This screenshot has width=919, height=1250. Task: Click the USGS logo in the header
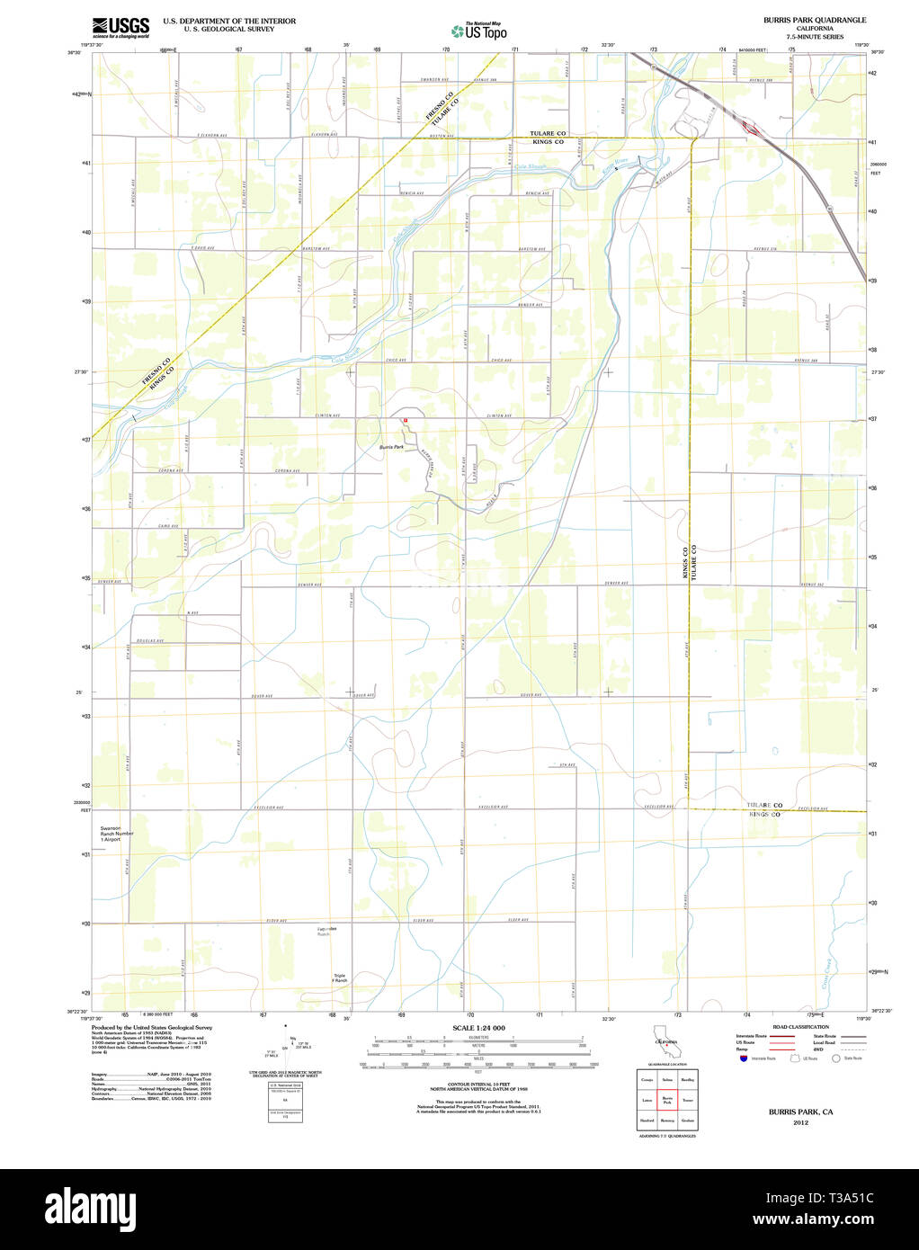[x=120, y=27]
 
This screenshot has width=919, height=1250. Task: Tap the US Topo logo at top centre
[x=478, y=31]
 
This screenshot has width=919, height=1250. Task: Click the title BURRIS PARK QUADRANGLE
[x=815, y=20]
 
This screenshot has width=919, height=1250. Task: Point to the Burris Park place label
[x=391, y=447]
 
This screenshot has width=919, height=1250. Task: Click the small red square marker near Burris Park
[x=406, y=420]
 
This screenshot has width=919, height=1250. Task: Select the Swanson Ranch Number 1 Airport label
[x=117, y=834]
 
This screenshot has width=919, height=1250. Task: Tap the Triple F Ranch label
[x=340, y=978]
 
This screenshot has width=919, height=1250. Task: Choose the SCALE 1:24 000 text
[x=478, y=1028]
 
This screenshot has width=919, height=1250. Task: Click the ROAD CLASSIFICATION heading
[x=800, y=1027]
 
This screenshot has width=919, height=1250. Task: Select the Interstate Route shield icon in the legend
[x=744, y=1058]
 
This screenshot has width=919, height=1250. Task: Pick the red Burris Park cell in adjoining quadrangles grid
[x=666, y=1100]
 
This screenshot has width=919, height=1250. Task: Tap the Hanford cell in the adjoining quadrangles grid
[x=647, y=1121]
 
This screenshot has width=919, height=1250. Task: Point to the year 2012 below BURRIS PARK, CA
[x=800, y=1122]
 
